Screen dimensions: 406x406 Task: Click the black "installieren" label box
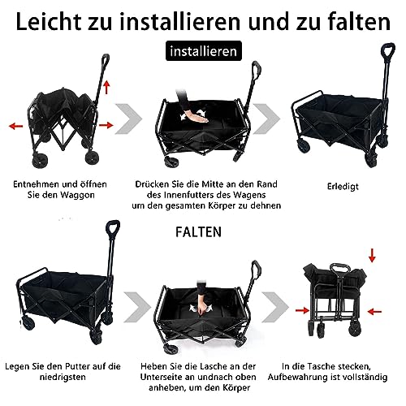click(203, 52)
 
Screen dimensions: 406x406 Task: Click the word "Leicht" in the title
click(54, 17)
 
